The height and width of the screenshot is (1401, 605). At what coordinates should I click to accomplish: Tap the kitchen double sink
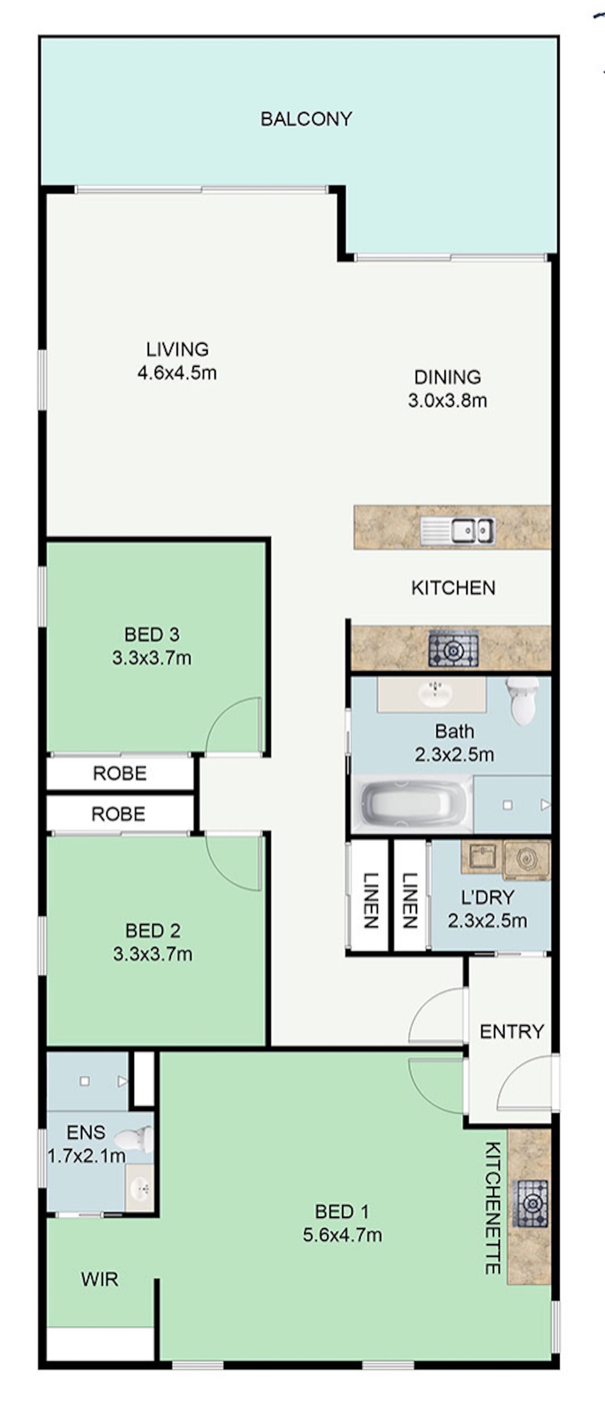pyautogui.click(x=458, y=530)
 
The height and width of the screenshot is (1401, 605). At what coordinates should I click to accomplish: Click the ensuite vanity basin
pyautogui.click(x=140, y=1189)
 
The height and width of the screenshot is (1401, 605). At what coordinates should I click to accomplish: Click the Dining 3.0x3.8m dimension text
pyautogui.click(x=447, y=401)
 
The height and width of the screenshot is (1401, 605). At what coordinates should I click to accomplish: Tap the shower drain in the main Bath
pyautogui.click(x=508, y=805)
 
